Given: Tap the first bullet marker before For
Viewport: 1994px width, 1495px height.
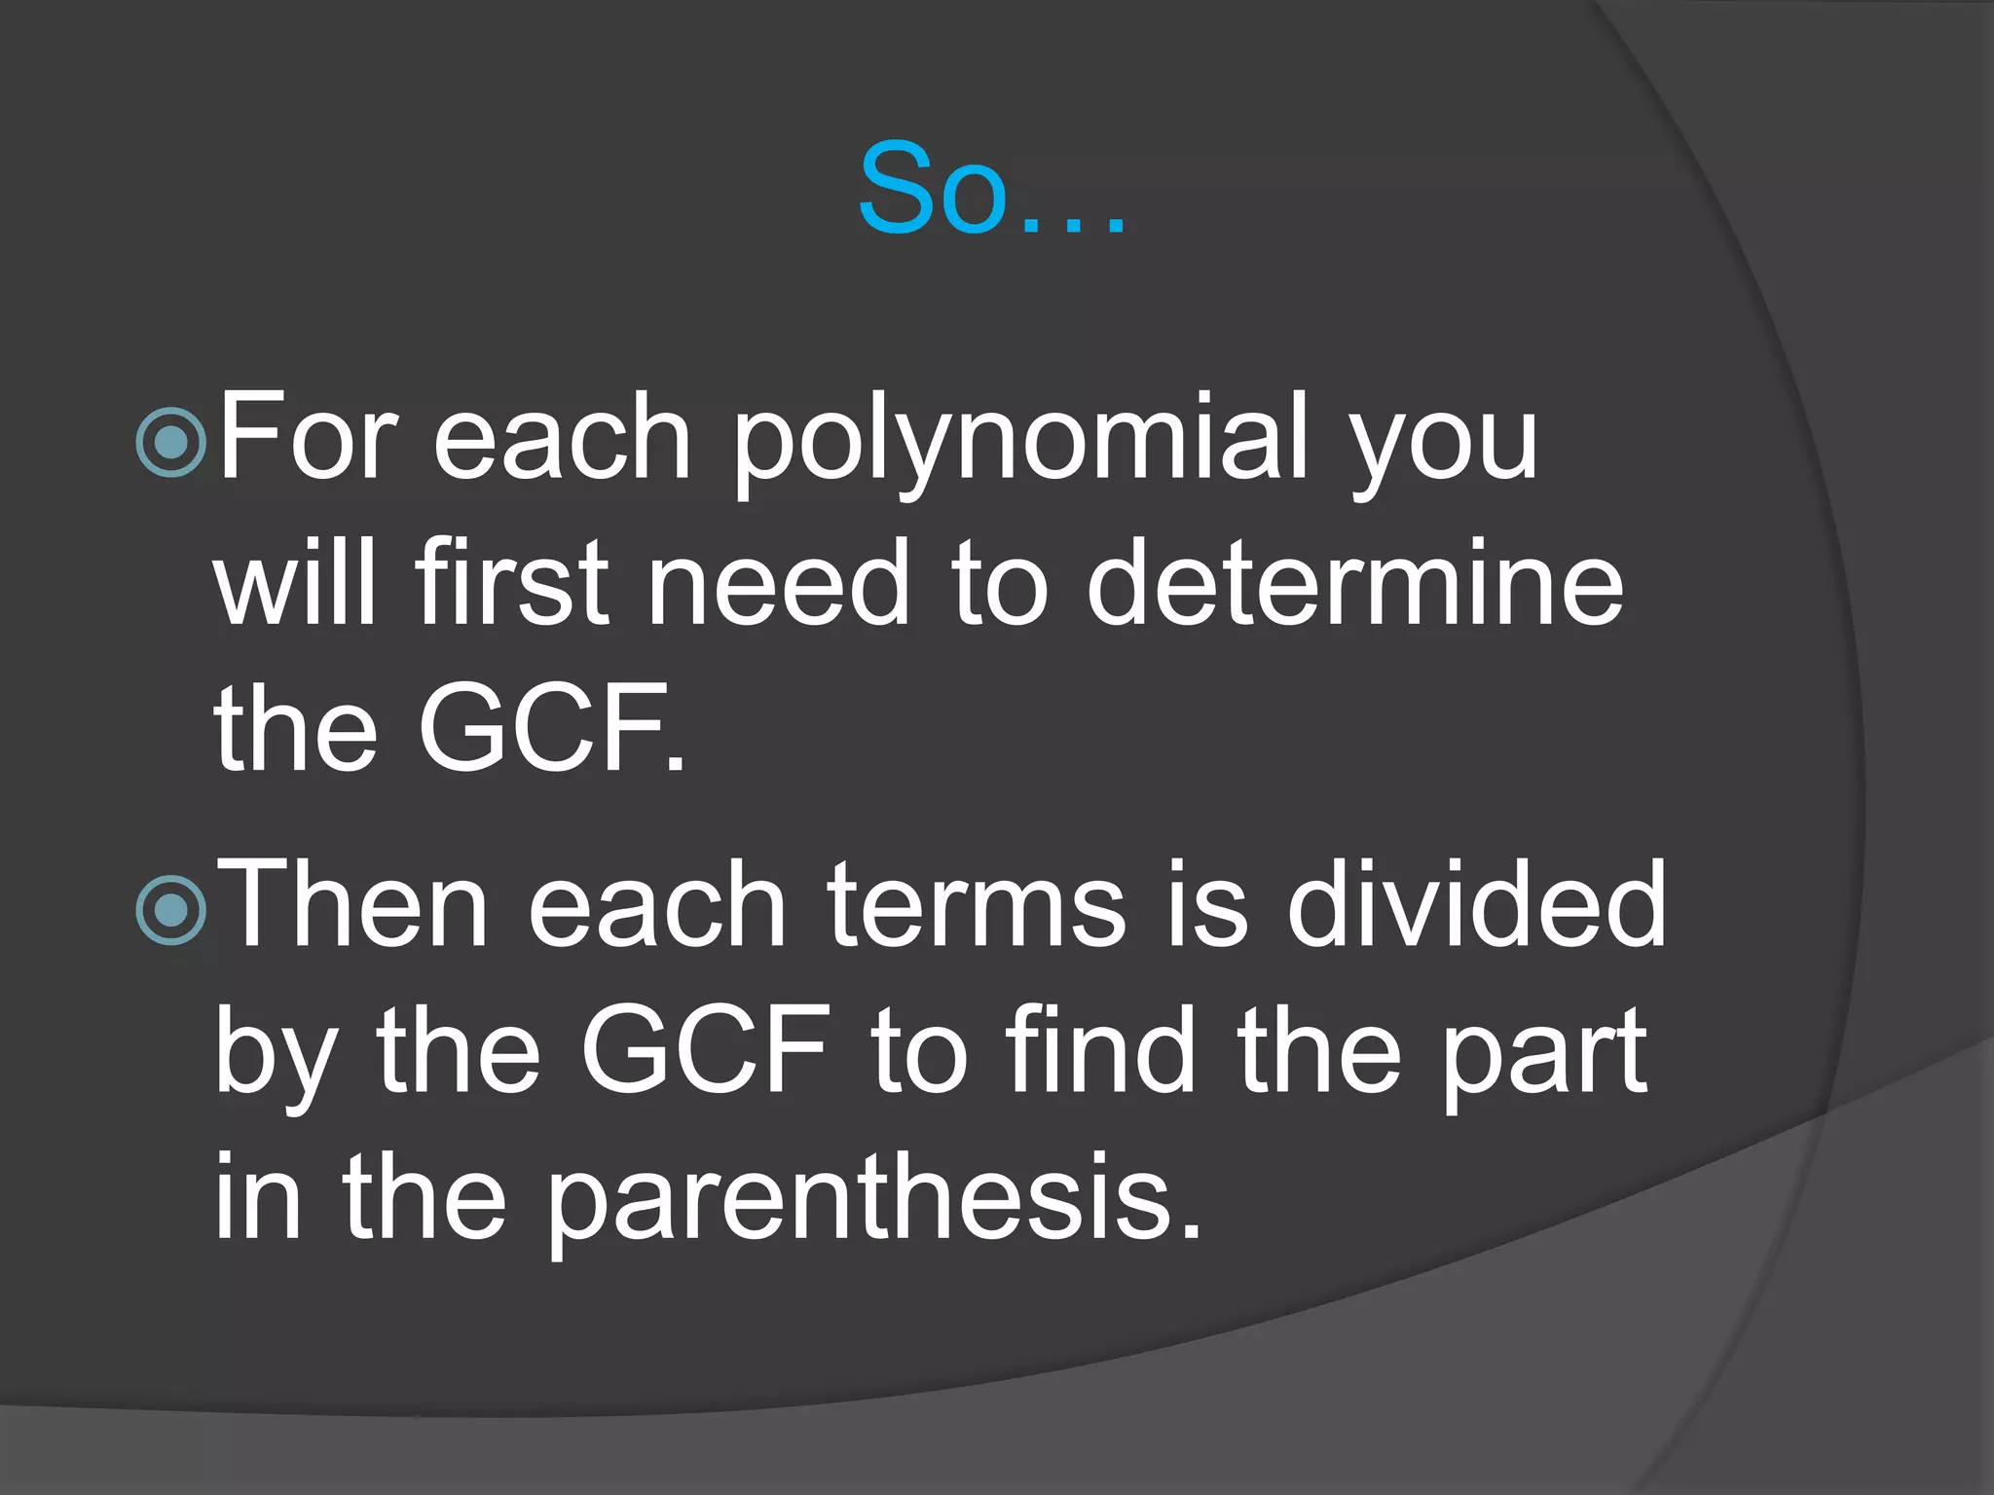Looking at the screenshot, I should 172,443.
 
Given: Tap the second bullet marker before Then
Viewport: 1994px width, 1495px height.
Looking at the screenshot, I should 172,911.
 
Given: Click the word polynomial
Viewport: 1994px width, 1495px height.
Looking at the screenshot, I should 1021,443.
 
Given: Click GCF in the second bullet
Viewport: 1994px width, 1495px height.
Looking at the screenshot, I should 705,1051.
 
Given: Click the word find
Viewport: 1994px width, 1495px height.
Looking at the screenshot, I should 1101,1051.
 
